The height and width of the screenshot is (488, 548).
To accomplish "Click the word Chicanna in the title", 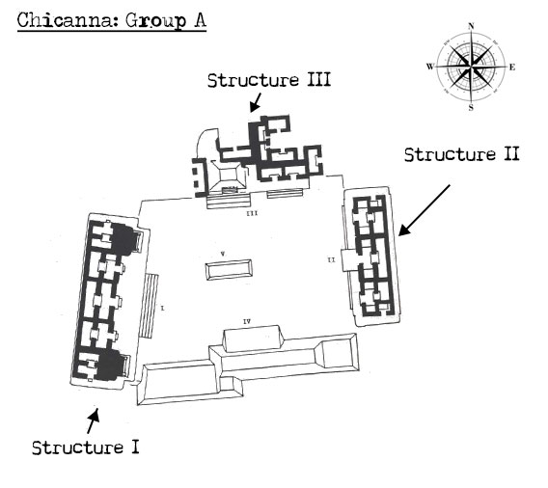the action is (65, 20).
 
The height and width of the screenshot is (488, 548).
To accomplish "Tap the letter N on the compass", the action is (471, 26).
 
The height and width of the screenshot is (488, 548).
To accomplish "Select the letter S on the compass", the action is (471, 107).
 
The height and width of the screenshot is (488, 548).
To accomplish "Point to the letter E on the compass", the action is (512, 68).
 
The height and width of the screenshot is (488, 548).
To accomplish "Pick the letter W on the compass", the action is (430, 67).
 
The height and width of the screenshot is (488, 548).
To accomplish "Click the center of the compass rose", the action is (471, 66).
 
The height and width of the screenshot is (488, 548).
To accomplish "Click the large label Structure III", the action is (269, 80).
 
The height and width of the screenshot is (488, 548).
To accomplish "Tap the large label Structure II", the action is (462, 154).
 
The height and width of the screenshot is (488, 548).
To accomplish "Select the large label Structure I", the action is (86, 447).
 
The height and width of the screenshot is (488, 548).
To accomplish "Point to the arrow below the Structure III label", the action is (256, 102).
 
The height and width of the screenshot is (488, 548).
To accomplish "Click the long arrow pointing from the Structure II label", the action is (425, 210).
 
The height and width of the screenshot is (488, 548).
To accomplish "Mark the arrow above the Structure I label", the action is (94, 421).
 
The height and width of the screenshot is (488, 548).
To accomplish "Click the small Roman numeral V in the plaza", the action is (223, 254).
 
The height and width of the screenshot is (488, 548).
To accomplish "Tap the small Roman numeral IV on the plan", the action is (247, 322).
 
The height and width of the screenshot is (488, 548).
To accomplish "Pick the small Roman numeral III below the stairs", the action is (252, 213).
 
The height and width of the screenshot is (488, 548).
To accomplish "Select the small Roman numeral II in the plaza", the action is (331, 259).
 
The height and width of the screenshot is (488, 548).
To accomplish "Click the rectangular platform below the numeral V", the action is (229, 270).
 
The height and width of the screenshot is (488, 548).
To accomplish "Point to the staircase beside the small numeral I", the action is (149, 306).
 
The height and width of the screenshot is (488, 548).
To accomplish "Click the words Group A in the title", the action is (166, 20).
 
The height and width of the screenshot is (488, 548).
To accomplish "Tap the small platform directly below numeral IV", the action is (254, 339).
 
